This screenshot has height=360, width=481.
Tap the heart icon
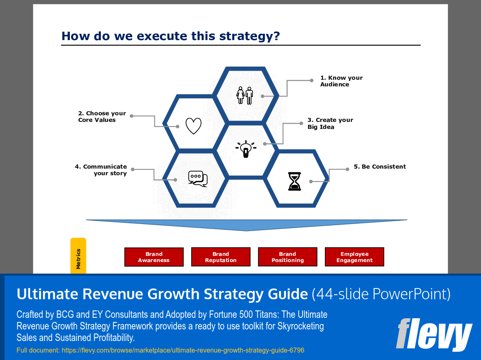point(193,126)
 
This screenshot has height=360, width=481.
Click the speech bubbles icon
point(198,179)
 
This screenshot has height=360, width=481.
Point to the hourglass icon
point(295,181)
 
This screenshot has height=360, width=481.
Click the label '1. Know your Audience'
point(341,81)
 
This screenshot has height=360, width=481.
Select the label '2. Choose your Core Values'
point(102,117)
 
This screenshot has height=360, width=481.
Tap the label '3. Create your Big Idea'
point(330,123)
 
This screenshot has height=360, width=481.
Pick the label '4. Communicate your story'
point(101,170)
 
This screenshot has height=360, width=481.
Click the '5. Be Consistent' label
point(379,167)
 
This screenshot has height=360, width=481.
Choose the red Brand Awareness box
point(154,257)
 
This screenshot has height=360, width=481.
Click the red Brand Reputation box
point(221,257)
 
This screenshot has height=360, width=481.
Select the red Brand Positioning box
point(288,257)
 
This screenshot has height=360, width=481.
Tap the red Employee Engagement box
point(355,257)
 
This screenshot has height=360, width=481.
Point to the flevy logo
point(433,334)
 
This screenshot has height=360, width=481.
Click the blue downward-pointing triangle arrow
point(247,224)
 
